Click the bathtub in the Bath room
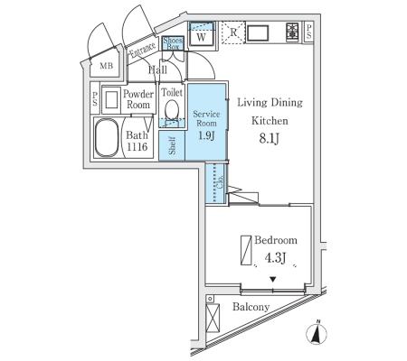[107, 137]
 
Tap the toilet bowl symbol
[172, 109]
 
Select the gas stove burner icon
[292, 32]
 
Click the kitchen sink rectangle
[258, 33]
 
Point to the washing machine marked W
[202, 34]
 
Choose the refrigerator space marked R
[233, 32]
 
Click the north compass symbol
[317, 333]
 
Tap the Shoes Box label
[173, 43]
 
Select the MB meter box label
[107, 65]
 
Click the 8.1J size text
[270, 139]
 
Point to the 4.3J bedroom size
[275, 258]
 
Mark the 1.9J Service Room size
[206, 135]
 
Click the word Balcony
[251, 307]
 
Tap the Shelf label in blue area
[172, 145]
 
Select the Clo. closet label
[220, 181]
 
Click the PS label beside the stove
[308, 32]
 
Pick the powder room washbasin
[111, 100]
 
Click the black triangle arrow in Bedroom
[273, 280]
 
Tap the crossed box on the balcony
[213, 318]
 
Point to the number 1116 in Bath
[137, 147]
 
